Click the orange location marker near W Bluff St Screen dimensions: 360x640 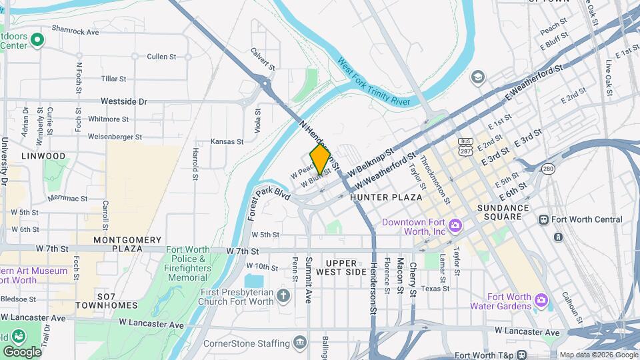[x=320, y=159]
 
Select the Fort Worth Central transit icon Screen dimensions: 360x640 [x=543, y=219]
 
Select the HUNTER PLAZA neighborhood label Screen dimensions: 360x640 [x=386, y=197]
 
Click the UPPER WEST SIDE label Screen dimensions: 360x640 [x=346, y=267]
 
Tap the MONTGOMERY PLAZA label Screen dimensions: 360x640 [x=127, y=244]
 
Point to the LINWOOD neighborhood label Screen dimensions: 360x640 [x=43, y=156]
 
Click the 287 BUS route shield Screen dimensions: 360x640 [x=465, y=147]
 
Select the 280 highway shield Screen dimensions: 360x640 [x=548, y=169]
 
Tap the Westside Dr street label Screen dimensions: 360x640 [x=123, y=101]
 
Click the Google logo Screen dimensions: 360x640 [x=22, y=351]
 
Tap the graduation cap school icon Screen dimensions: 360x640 [x=477, y=77]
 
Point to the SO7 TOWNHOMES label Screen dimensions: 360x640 [x=106, y=300]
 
